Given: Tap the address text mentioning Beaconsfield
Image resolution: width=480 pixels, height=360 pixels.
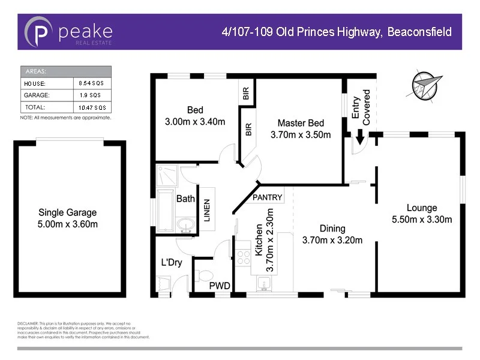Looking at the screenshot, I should pyautogui.click(x=337, y=32).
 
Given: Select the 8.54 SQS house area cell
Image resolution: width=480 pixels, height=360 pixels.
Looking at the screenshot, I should pyautogui.click(x=91, y=83).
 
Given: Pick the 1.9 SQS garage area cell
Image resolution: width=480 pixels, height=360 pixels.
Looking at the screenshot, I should pyautogui.click(x=91, y=95).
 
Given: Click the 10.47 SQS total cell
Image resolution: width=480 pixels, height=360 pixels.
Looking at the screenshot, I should pyautogui.click(x=91, y=107).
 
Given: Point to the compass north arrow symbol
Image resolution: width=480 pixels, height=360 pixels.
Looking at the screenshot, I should pyautogui.click(x=427, y=85).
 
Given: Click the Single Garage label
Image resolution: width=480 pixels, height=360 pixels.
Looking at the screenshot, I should pyautogui.click(x=67, y=212).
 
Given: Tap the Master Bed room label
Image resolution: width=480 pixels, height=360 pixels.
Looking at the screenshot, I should pyautogui.click(x=301, y=124).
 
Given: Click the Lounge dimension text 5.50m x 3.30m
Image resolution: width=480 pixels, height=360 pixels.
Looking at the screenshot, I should pyautogui.click(x=421, y=220).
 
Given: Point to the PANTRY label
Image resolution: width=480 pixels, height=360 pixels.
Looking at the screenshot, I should pyautogui.click(x=267, y=197).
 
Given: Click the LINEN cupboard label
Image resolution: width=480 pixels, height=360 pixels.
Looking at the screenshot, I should pyautogui.click(x=206, y=211).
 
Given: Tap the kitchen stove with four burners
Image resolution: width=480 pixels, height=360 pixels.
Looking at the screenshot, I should pyautogui.click(x=244, y=257).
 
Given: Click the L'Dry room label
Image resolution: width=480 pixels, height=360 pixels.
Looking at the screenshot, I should pyautogui.click(x=172, y=263).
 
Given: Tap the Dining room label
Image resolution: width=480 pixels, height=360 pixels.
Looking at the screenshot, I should pyautogui.click(x=332, y=229).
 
